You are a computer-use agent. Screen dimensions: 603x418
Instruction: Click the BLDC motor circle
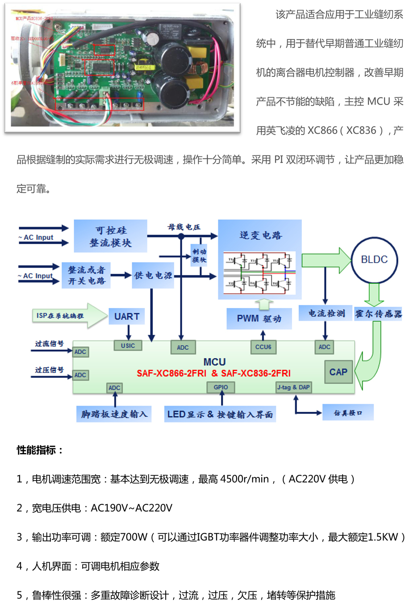coord(374,260)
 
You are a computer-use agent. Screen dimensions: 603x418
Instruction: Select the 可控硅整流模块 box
coord(110,236)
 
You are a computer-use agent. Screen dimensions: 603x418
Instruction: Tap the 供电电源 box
coord(153,276)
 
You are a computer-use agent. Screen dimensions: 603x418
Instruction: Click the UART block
coord(127,316)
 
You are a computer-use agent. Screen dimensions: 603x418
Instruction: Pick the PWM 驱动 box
coord(259,318)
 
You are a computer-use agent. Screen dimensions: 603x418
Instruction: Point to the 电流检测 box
coord(326,314)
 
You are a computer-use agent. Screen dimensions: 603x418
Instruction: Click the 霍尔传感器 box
coord(378,314)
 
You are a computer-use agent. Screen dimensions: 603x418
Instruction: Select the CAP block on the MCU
coord(338,372)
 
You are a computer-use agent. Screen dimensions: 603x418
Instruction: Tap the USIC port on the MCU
coord(128,345)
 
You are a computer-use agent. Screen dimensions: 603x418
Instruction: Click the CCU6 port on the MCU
coord(263,347)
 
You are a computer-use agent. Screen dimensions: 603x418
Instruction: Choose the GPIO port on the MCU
coord(221,387)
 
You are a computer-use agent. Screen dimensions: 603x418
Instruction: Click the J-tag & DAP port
coord(293,387)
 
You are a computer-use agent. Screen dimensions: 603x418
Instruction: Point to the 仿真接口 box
coord(348,413)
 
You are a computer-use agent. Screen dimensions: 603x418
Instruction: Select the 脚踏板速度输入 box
coord(114,414)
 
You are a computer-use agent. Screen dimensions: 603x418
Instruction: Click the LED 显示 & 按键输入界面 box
coord(220,414)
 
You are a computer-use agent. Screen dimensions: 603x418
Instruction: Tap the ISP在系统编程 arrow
coord(67,316)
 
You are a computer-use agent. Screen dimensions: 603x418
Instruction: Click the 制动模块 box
coord(199,255)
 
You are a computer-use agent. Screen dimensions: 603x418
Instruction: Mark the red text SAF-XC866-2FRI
coord(171,373)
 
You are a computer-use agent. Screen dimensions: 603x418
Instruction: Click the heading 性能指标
coord(40,450)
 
